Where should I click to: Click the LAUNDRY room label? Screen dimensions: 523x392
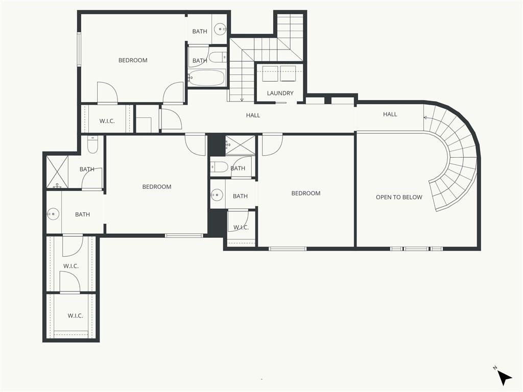280,93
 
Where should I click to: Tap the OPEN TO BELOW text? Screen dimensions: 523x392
399,198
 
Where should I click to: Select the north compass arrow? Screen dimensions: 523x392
504,378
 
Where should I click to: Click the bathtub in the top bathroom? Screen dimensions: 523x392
207,78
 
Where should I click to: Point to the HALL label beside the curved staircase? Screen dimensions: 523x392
390,114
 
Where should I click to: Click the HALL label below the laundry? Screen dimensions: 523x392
253,115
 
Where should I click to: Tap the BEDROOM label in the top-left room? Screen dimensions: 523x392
133,60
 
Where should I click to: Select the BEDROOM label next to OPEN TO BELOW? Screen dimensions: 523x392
306,193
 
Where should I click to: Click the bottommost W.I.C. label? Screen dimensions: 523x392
76,315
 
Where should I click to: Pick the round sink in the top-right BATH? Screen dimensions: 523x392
221,29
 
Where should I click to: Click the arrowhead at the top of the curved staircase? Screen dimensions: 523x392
425,117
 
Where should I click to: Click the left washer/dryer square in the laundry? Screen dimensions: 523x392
270,73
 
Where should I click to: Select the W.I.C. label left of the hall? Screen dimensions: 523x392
107,121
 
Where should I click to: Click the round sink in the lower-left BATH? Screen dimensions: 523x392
53,214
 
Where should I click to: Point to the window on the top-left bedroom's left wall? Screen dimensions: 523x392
79,49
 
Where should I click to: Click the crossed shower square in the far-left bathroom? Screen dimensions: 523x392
57,171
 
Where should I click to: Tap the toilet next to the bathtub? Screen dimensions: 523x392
218,57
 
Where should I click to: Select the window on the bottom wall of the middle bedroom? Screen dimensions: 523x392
184,236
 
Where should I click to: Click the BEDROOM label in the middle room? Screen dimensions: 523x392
157,187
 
